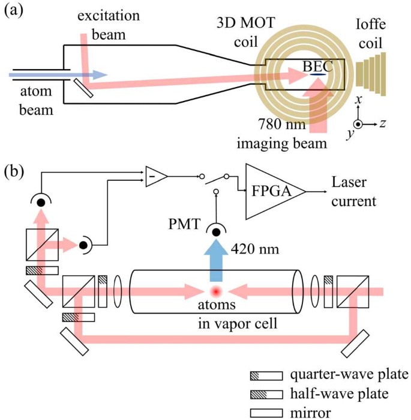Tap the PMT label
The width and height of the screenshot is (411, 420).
[181, 226]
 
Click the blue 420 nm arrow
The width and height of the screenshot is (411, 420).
[215, 262]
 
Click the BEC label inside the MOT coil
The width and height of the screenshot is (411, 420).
[317, 68]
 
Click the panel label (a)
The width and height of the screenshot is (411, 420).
[16, 13]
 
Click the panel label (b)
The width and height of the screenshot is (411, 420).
[16, 172]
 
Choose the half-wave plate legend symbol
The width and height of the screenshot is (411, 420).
[266, 394]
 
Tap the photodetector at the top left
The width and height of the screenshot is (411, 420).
[41, 201]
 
